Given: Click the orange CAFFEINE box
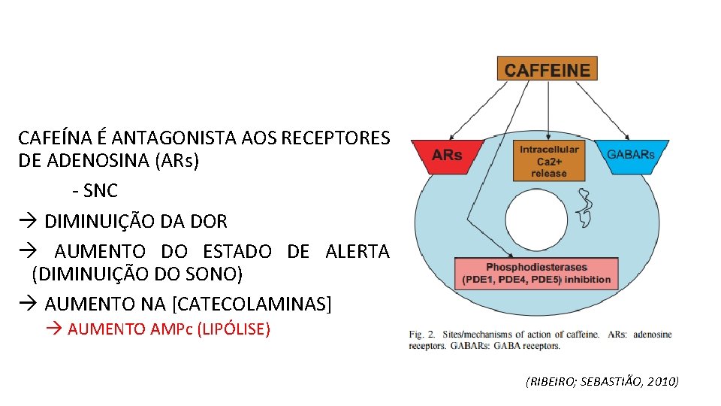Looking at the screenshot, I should pos(547,69).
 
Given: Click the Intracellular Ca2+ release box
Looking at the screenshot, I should pos(548,161).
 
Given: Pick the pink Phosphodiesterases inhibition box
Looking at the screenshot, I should pos(536,274).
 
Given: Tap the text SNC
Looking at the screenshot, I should pos(101,191).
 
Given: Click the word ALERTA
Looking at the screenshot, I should pos(357,252).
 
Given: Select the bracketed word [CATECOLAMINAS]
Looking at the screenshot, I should pos(252,304).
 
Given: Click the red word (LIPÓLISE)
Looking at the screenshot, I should pos(233,329).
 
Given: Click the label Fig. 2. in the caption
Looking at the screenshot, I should pos(423,334).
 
